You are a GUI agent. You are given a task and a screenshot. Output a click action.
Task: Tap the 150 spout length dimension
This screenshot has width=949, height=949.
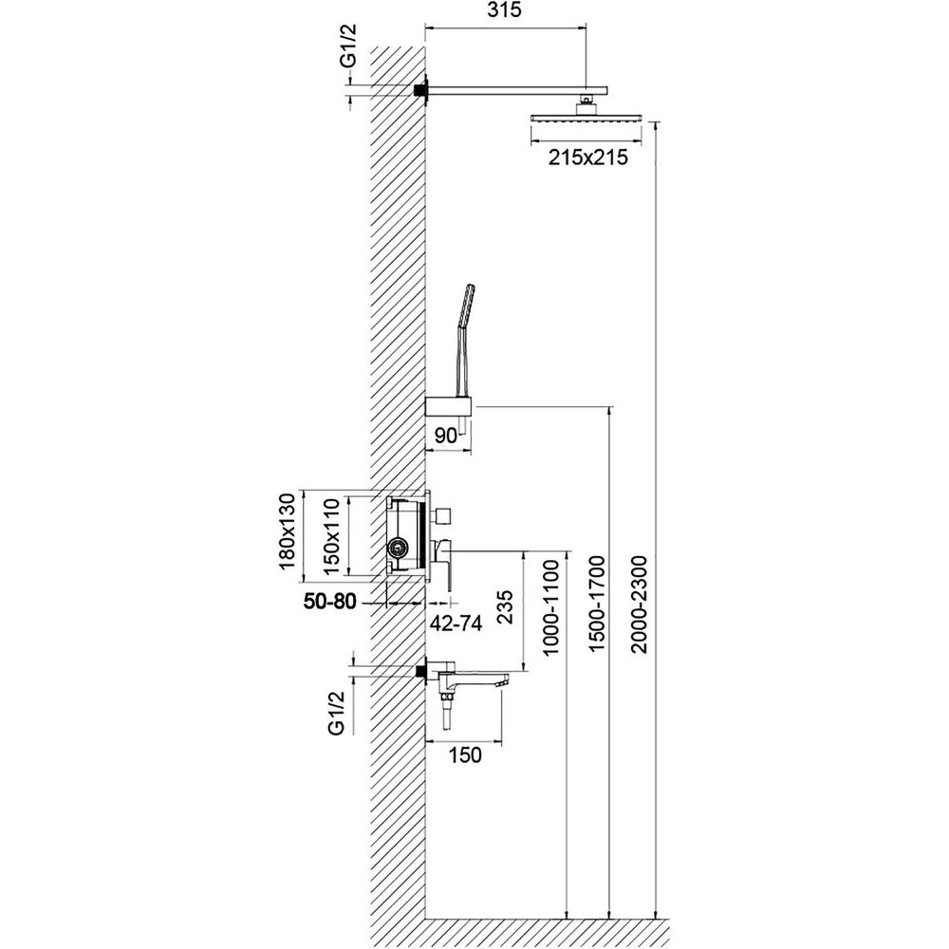[465, 754]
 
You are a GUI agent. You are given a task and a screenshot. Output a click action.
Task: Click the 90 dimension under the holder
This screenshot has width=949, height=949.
[444, 435]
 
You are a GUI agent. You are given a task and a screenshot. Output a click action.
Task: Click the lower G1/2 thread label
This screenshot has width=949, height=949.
[336, 714]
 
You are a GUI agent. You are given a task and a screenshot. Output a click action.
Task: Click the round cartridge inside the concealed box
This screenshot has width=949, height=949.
[397, 547]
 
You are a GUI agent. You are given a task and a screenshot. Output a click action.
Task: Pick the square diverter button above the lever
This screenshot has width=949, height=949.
[441, 514]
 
